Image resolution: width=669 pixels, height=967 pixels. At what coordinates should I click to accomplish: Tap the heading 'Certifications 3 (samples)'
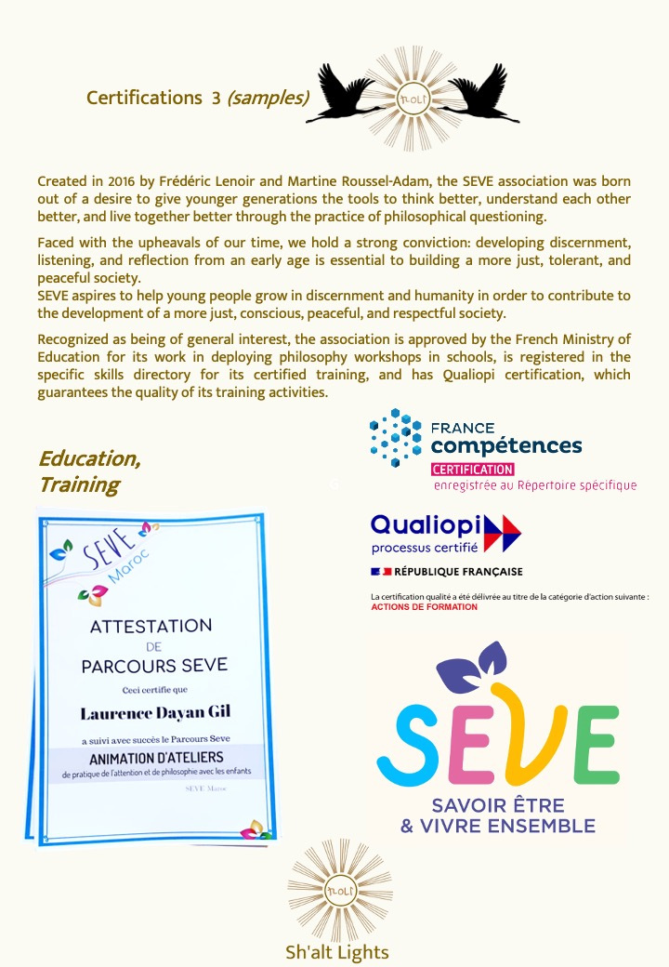[x=198, y=98]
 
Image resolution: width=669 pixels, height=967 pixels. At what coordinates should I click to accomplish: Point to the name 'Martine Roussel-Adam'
[x=389, y=179]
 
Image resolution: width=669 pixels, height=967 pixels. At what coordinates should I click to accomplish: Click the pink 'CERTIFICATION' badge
[x=473, y=470]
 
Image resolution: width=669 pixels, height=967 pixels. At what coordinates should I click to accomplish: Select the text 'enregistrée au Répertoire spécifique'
[x=535, y=485]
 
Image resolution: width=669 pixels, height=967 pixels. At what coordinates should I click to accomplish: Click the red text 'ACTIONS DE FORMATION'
[x=424, y=607]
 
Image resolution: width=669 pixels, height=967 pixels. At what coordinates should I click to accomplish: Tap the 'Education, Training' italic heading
[x=89, y=471]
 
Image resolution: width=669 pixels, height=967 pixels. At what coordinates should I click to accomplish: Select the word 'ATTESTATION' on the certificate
[x=151, y=626]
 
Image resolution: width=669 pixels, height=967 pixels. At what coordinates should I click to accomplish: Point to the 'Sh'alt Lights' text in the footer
[x=336, y=951]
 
